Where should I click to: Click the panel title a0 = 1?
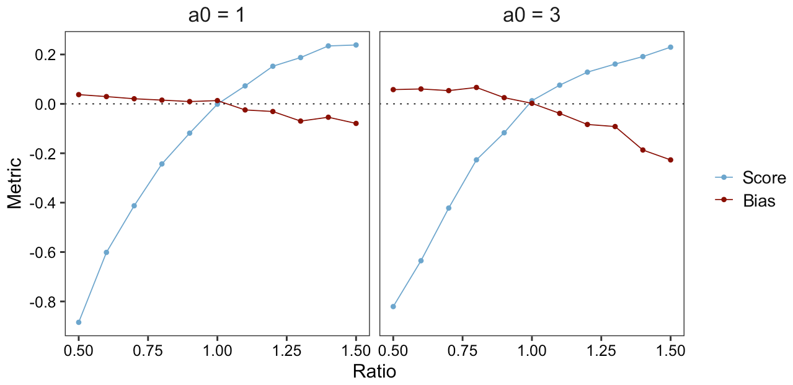pyautogui.click(x=216, y=15)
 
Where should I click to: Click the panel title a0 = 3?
pyautogui.click(x=531, y=15)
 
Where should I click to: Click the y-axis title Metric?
pyautogui.click(x=14, y=183)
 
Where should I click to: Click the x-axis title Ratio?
pyautogui.click(x=374, y=371)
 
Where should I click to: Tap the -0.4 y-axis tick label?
pyautogui.click(x=45, y=203)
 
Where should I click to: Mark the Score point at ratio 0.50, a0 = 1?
pyautogui.click(x=79, y=322)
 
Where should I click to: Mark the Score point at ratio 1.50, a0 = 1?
pyautogui.click(x=356, y=45)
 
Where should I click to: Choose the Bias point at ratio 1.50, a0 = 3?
pyautogui.click(x=670, y=160)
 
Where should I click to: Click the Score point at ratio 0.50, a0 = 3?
pyautogui.click(x=393, y=306)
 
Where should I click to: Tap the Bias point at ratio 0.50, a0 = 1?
pyautogui.click(x=79, y=94)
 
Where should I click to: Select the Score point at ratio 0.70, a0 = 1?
pyautogui.click(x=134, y=206)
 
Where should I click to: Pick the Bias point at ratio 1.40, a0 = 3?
pyautogui.click(x=642, y=150)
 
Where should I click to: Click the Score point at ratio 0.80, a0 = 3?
pyautogui.click(x=476, y=160)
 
